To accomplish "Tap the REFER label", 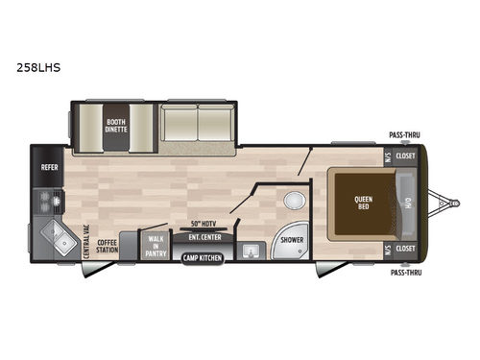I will [x=50, y=165].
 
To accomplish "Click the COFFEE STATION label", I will [x=107, y=246].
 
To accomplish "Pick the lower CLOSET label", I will [x=405, y=248].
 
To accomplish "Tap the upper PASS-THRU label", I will [x=404, y=136].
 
